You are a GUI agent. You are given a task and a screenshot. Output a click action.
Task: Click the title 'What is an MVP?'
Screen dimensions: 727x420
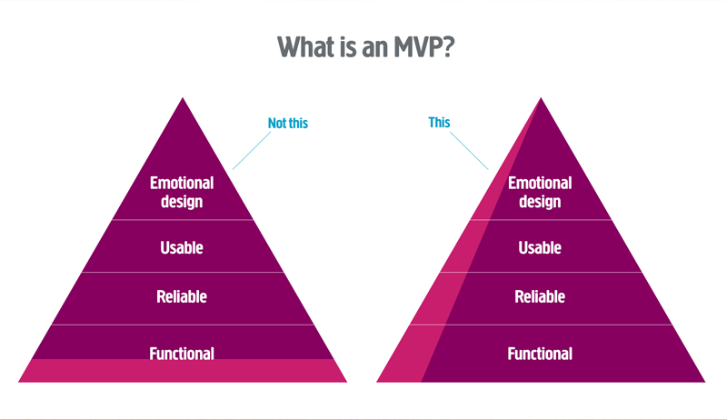pyautogui.click(x=366, y=47)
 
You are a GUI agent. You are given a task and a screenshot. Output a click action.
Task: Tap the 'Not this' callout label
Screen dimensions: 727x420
pyautogui.click(x=288, y=123)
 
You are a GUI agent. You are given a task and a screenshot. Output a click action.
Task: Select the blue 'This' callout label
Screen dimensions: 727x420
pyautogui.click(x=439, y=123)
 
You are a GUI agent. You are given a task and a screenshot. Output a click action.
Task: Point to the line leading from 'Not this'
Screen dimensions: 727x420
pyautogui.click(x=252, y=151)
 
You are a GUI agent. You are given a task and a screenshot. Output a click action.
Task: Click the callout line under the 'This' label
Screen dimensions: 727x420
pyautogui.click(x=469, y=151)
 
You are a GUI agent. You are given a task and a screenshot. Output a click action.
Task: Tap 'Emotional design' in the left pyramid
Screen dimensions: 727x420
pyautogui.click(x=182, y=193)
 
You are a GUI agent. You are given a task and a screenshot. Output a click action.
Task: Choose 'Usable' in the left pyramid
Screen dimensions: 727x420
pyautogui.click(x=182, y=247)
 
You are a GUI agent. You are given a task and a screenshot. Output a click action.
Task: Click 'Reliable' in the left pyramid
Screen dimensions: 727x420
pyautogui.click(x=182, y=296)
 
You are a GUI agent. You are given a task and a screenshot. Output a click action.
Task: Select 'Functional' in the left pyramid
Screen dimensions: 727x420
pyautogui.click(x=182, y=354)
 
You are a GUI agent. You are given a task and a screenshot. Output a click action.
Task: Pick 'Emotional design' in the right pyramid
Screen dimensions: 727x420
pyautogui.click(x=540, y=193)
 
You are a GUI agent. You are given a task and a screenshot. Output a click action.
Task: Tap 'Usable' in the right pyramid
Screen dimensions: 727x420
pyautogui.click(x=540, y=247)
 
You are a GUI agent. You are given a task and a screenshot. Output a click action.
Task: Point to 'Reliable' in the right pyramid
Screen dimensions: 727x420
pyautogui.click(x=540, y=296)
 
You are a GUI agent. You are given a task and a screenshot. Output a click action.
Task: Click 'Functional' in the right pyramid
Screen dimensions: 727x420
pyautogui.click(x=540, y=354)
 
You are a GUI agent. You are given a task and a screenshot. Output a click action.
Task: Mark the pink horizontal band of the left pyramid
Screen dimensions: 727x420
pyautogui.click(x=183, y=371)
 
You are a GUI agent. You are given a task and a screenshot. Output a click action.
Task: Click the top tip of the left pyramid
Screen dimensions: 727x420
pyautogui.click(x=183, y=98)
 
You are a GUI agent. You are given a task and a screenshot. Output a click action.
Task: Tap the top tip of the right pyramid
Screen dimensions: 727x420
pyautogui.click(x=541, y=98)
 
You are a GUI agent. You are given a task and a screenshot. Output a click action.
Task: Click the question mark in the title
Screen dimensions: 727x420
pyautogui.click(x=447, y=47)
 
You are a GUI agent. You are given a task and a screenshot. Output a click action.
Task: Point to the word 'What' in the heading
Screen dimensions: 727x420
pyautogui.click(x=306, y=47)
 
